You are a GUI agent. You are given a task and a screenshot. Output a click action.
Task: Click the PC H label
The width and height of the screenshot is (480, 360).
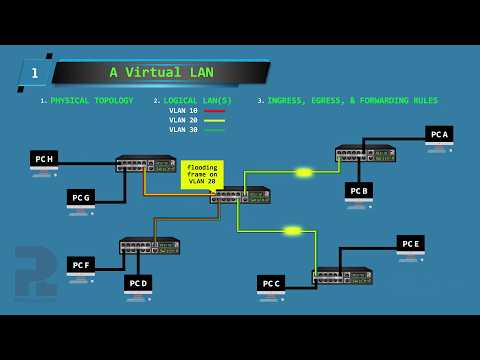44,158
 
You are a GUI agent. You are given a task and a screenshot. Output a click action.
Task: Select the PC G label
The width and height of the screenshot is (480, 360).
81,197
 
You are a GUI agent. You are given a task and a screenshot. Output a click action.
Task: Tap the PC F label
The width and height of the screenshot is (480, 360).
81,264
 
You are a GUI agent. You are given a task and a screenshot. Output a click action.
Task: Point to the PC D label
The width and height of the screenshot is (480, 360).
138,282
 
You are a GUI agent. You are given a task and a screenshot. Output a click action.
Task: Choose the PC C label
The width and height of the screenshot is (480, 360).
271,283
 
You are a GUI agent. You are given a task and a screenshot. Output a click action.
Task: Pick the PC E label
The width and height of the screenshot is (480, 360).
410,243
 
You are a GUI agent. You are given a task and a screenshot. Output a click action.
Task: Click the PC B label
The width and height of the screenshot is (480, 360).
359,189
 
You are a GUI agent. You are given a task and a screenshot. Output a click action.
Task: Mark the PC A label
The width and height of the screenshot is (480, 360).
439,133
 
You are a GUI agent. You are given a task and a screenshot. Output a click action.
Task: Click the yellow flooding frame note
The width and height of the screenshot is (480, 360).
202,174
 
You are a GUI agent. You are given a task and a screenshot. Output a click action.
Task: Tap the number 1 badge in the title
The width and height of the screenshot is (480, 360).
35,73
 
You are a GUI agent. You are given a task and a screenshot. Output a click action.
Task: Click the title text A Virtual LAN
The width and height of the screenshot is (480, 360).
161,72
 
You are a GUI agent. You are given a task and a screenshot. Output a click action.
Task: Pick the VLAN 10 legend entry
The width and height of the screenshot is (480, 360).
184,111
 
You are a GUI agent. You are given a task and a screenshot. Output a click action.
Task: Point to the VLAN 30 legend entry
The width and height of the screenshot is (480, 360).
184,130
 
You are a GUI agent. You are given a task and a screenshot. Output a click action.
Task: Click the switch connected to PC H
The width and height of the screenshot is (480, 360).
146,164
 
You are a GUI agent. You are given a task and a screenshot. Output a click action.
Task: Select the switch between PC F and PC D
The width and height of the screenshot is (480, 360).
150,245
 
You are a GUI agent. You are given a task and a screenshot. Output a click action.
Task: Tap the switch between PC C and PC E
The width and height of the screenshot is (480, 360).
342,275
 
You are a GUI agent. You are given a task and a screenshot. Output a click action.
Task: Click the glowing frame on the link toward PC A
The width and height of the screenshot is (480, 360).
304,172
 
